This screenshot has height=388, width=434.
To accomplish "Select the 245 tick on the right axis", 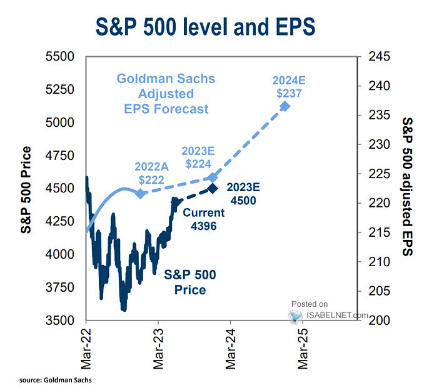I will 377,57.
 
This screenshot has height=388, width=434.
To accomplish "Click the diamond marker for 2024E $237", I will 285,106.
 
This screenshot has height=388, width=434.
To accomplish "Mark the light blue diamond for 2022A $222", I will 140,194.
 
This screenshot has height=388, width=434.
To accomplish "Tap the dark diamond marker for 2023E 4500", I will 213,188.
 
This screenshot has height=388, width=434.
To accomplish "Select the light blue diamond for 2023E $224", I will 213,177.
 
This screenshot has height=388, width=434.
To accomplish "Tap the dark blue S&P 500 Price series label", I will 185,282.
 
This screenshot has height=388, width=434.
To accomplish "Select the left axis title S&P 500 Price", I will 27,190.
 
